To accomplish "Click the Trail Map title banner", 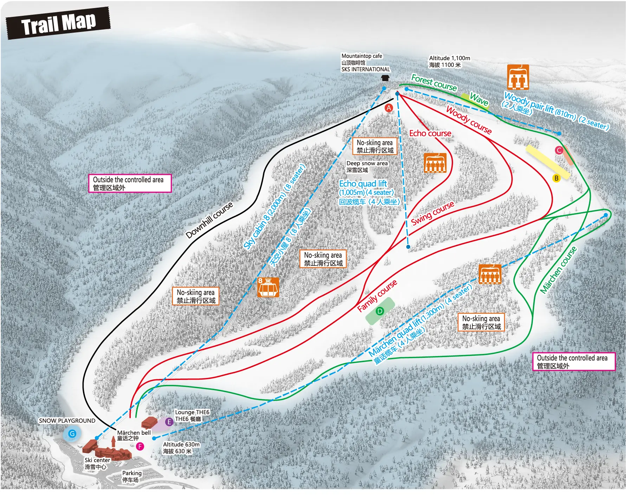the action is point(58,23).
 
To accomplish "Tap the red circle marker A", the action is point(389,108).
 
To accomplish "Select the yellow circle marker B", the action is point(556,178).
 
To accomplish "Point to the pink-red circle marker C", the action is point(559,150).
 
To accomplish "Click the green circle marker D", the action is point(380,311).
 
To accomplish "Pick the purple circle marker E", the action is point(169,422).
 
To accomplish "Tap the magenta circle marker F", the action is point(140,446).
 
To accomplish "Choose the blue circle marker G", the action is point(72,434).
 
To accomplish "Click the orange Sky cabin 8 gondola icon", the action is point(268,287).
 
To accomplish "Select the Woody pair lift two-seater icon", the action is point(518,77).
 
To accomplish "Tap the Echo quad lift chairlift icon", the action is point(435,163).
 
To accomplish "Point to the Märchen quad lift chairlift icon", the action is point(490,274).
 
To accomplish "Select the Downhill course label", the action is point(209,220).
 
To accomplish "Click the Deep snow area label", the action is point(367,167).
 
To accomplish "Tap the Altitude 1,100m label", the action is point(449,61).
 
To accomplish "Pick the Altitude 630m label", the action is point(181,448).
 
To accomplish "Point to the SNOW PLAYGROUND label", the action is point(67,421).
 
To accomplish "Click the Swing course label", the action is point(433,213).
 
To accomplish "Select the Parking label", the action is point(132,477).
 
